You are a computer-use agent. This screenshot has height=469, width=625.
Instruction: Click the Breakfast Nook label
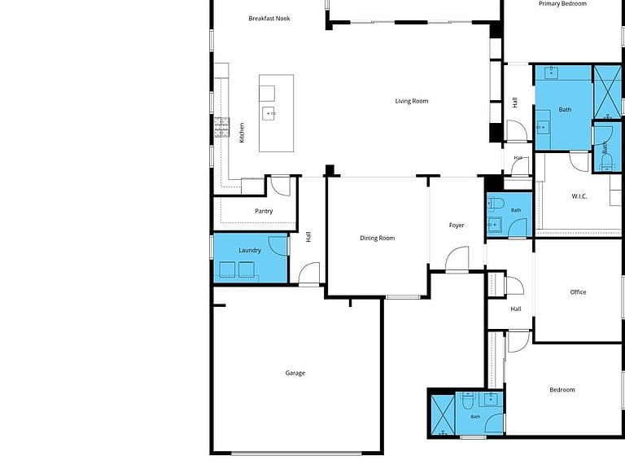click(269, 19)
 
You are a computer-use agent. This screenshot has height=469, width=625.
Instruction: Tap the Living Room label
click(411, 101)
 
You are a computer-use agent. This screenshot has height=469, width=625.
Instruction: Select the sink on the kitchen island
click(269, 113)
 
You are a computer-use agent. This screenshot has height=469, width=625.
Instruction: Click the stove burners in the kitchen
click(222, 127)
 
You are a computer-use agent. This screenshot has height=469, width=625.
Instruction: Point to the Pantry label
click(264, 211)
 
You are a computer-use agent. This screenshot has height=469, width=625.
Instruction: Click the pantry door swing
click(280, 186)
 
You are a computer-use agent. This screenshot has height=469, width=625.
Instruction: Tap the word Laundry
click(250, 251)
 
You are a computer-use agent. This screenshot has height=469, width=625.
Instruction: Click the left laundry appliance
click(227, 270)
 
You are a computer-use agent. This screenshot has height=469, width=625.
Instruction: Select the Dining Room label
click(377, 238)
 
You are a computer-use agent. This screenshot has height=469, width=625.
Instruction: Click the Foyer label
click(457, 225)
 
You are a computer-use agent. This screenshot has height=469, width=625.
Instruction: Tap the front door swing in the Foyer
click(457, 259)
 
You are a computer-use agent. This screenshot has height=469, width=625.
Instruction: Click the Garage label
click(295, 373)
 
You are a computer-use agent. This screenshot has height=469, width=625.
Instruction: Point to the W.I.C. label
click(579, 196)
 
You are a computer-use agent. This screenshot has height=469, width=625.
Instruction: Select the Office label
click(578, 292)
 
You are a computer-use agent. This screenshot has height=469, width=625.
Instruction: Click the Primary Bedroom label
click(562, 3)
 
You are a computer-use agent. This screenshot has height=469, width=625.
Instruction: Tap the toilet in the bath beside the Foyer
click(496, 204)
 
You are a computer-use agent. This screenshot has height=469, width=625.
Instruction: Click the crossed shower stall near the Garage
click(443, 415)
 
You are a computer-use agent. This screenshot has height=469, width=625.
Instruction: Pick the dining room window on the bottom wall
click(403, 296)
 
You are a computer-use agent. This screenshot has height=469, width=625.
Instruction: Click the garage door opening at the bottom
click(296, 453)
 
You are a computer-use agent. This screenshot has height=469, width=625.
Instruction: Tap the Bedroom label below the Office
click(562, 390)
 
